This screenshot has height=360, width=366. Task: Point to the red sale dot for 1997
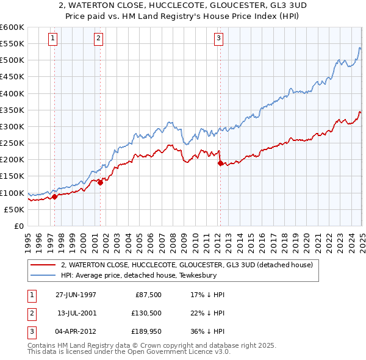55,196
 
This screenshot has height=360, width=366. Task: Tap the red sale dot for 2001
100,182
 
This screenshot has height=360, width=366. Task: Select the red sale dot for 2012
220,162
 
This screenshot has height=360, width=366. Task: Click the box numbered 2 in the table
30,314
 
